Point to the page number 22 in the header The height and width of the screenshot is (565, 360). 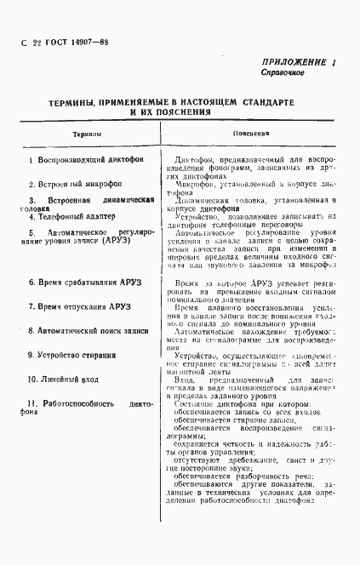tap(36, 43)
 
